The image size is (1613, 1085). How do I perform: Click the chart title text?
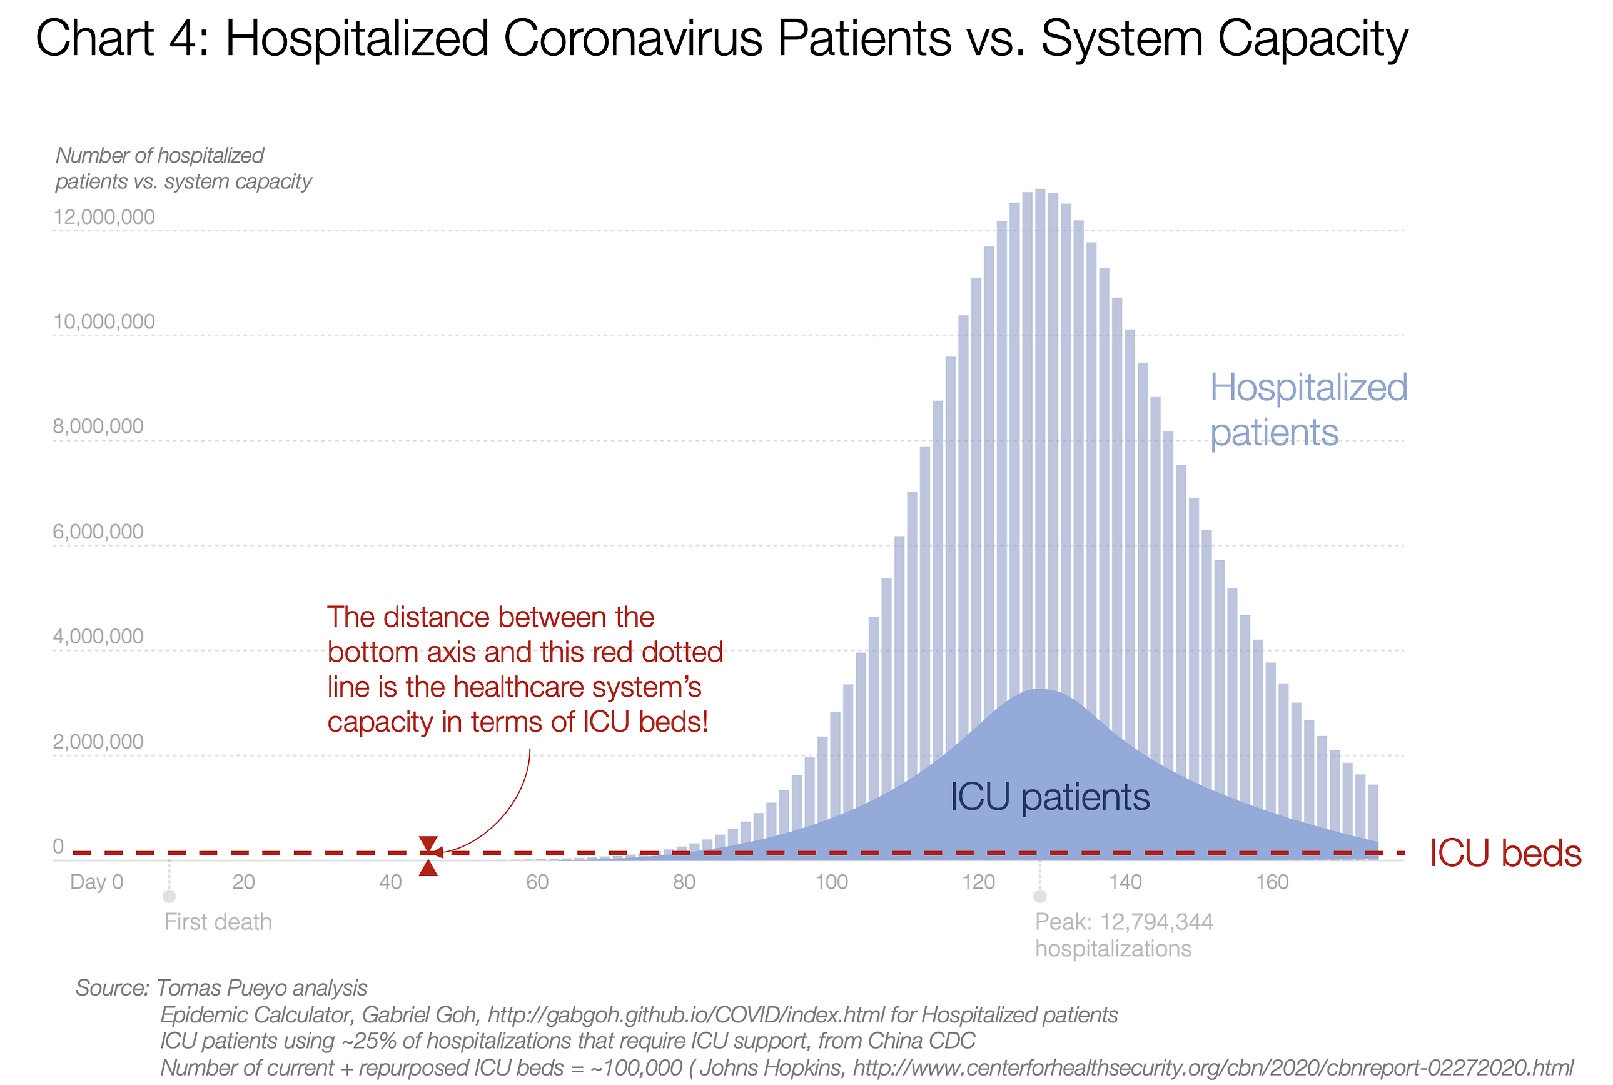pyautogui.click(x=721, y=39)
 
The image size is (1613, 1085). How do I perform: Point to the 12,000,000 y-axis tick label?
pyautogui.click(x=104, y=217)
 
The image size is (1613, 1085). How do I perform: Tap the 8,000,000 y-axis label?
pyautogui.click(x=98, y=426)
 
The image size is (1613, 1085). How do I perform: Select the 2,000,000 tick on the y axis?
pyautogui.click(x=98, y=742)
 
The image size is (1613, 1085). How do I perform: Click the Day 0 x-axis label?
pyautogui.click(x=97, y=882)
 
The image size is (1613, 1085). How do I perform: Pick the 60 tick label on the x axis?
pyautogui.click(x=537, y=882)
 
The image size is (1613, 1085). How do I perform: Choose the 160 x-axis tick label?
pyautogui.click(x=1272, y=882)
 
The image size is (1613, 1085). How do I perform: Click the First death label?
pyautogui.click(x=218, y=922)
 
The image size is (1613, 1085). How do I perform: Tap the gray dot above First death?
pyautogui.click(x=169, y=897)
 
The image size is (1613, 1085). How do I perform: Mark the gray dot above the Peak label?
pyautogui.click(x=1039, y=897)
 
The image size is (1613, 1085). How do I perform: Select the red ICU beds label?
pyautogui.click(x=1505, y=853)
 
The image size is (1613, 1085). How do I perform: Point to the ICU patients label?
pyautogui.click(x=1049, y=797)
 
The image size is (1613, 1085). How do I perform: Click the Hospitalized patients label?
pyautogui.click(x=1308, y=410)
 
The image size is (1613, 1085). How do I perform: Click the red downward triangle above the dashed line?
pyautogui.click(x=428, y=844)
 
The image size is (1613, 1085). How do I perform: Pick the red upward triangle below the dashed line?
pyautogui.click(x=428, y=868)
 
